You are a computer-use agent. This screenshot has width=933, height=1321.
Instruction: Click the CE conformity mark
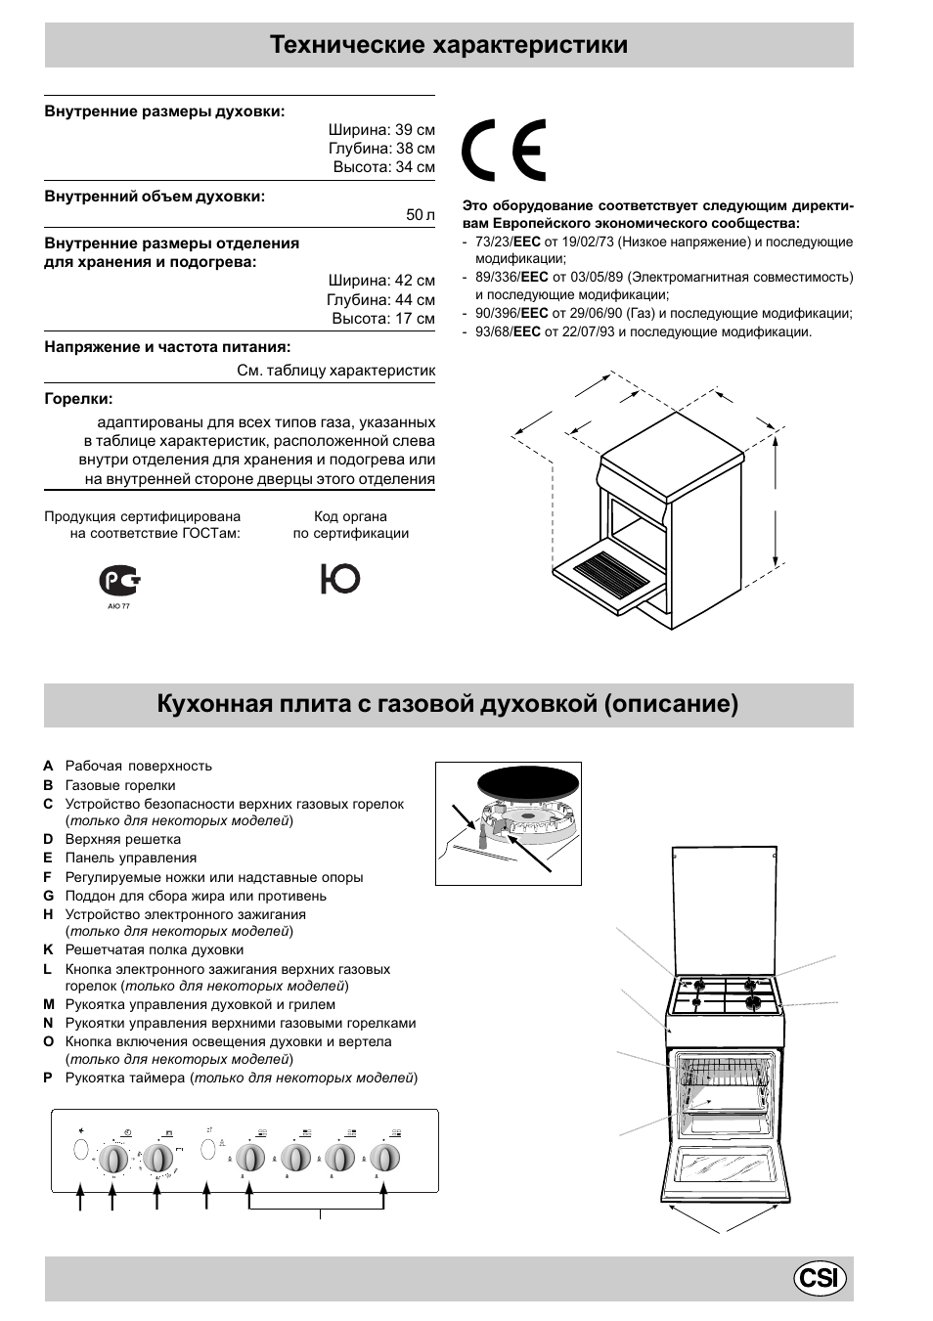(x=504, y=151)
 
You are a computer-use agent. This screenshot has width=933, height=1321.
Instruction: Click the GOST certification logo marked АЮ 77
(x=119, y=583)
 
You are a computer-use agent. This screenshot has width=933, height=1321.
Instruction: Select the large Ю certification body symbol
(x=339, y=579)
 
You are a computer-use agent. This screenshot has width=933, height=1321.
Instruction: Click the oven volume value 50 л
(x=421, y=215)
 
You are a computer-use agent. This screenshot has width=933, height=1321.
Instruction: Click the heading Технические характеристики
(x=449, y=45)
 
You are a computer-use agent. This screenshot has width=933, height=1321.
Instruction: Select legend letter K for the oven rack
(x=48, y=950)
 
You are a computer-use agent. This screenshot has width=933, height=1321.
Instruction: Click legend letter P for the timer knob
(x=48, y=1079)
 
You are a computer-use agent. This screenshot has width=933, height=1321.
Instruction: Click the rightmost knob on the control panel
(x=384, y=1159)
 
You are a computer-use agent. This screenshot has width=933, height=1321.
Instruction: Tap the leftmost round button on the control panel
(x=81, y=1148)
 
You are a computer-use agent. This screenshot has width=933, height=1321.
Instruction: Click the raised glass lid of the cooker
(x=726, y=909)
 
